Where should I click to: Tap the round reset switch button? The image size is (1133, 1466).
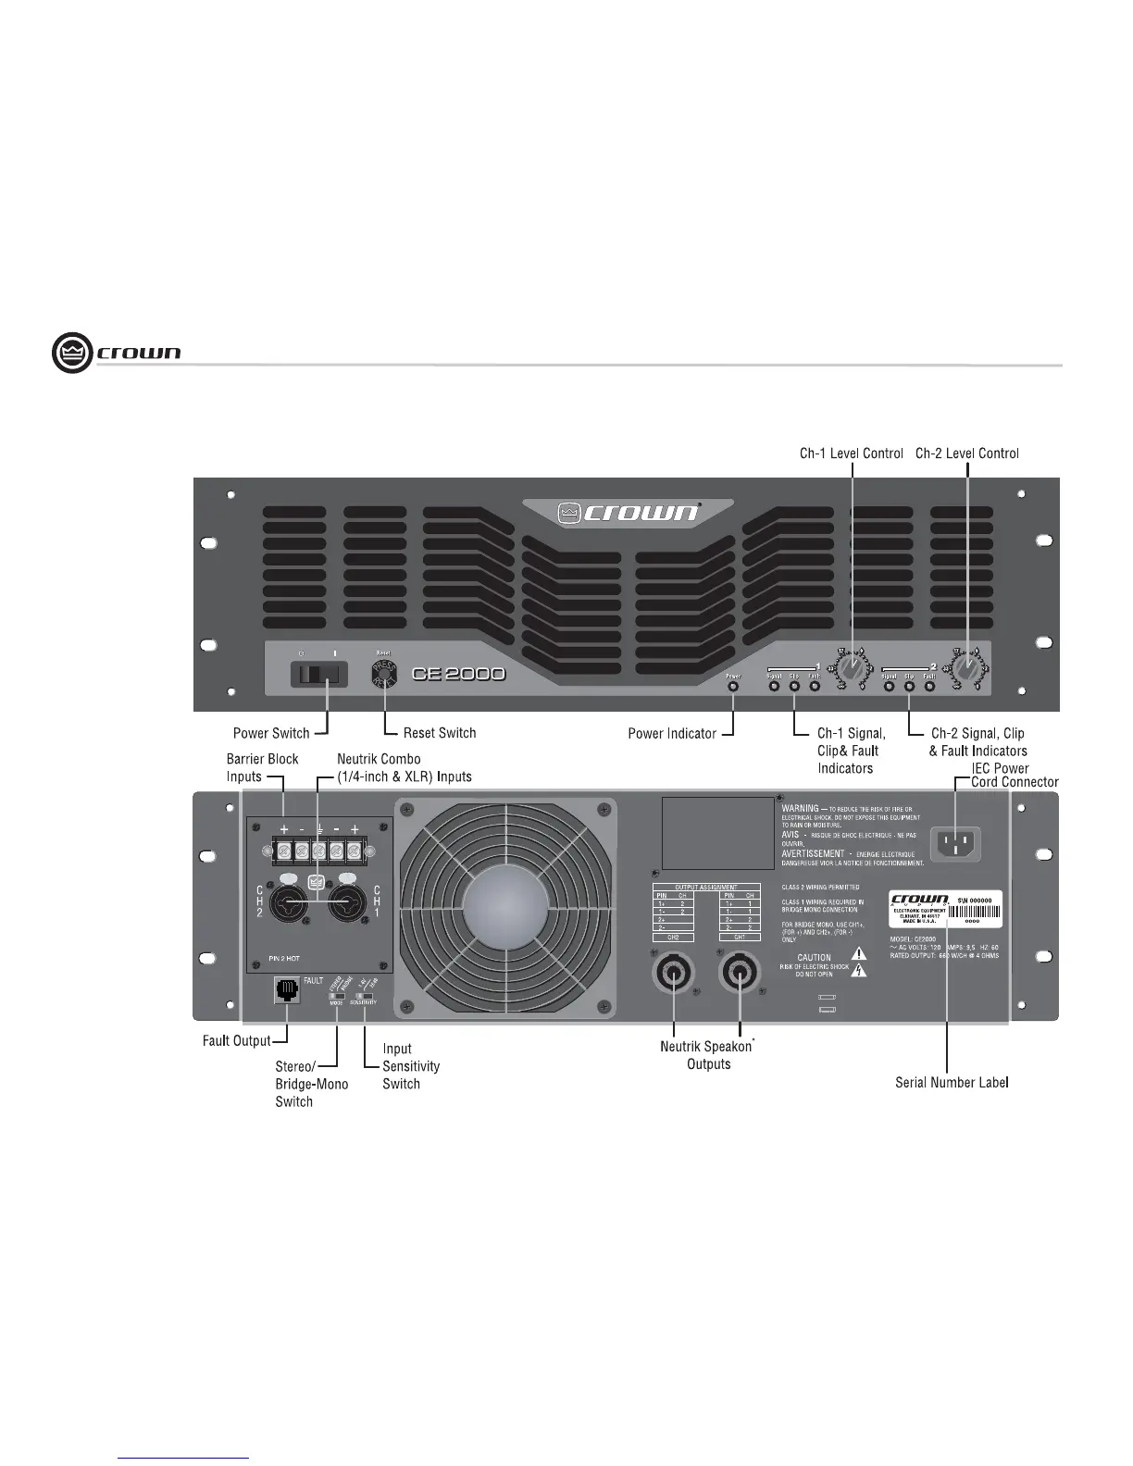(x=383, y=673)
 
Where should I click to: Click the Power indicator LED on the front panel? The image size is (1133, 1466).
(x=733, y=687)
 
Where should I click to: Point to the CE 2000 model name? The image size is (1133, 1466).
(x=458, y=674)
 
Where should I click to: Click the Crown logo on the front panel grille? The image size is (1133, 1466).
(x=629, y=512)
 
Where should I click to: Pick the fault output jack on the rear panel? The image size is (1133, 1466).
(x=287, y=990)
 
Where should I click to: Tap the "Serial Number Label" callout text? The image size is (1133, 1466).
(x=952, y=1081)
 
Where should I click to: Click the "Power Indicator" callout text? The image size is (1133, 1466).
(x=672, y=733)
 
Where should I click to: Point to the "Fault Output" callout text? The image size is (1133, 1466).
(x=237, y=1041)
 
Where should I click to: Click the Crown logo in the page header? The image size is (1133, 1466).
(x=117, y=354)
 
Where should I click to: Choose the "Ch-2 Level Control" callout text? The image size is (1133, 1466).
(x=966, y=453)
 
